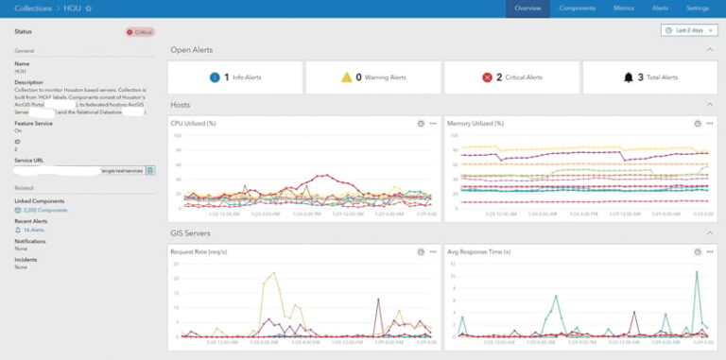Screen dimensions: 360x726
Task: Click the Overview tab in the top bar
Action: coord(527,8)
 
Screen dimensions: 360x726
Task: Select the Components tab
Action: coord(577,8)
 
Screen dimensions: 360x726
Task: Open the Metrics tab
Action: coord(623,8)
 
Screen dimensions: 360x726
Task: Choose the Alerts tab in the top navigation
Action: coord(660,8)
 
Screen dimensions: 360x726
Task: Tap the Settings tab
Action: coord(698,8)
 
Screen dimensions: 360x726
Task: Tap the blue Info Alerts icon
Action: coord(215,77)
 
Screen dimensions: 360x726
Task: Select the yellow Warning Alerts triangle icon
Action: coord(346,77)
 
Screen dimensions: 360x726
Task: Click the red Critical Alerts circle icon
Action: coord(488,77)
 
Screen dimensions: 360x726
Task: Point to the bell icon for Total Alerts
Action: coord(628,77)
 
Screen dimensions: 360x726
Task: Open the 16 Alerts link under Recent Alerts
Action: coord(34,230)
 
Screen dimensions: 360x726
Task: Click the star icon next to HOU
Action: coord(88,8)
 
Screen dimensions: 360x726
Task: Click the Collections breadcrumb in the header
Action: coord(33,8)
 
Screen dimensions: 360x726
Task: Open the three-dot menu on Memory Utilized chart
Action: coord(709,123)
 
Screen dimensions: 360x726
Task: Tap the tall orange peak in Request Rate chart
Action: coord(273,274)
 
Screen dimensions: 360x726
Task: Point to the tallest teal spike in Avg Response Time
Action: coord(697,273)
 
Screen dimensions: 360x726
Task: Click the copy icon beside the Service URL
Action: coord(150,170)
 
